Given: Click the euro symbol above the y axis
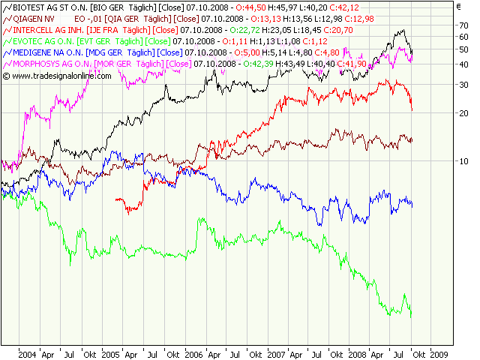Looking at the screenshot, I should click(458, 7).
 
